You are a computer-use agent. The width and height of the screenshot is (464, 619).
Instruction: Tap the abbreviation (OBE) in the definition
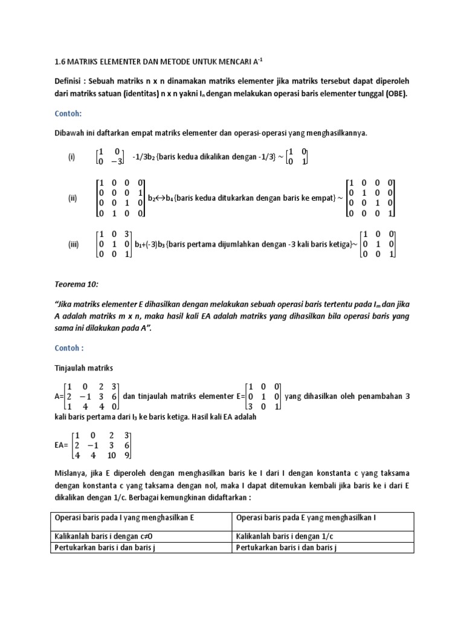coord(395,94)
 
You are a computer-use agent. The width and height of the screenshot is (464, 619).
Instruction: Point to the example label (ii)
coord(72,198)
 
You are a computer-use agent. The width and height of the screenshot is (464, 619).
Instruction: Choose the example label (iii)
coord(74,244)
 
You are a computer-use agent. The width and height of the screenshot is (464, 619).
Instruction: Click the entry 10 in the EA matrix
coord(111,455)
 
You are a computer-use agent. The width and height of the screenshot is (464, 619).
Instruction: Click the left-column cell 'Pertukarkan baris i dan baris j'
coord(110,548)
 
